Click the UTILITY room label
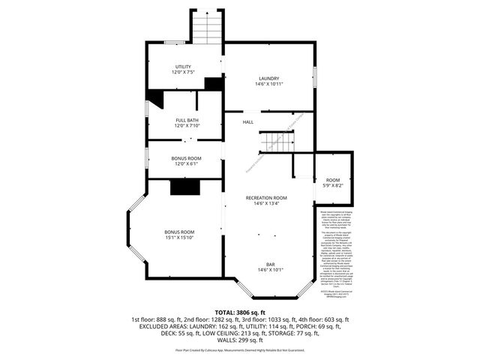[x=184, y=67]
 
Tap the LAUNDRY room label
[x=268, y=79]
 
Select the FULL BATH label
[x=187, y=120]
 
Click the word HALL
[x=247, y=122]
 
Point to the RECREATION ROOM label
[x=266, y=197]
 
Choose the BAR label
[x=269, y=265]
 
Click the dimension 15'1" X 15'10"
[x=180, y=237]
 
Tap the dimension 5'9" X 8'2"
[x=332, y=186]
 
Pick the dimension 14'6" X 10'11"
[x=268, y=84]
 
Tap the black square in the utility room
[x=214, y=84]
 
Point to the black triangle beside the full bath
[x=155, y=97]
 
